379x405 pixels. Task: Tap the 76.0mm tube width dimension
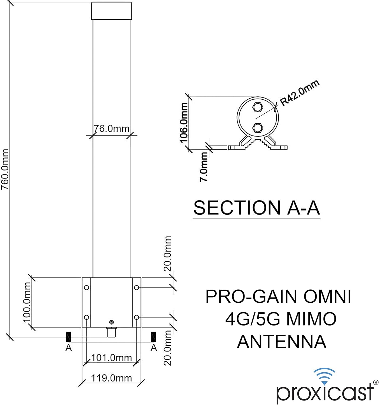coord(111,129)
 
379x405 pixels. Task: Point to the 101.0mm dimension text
coord(111,358)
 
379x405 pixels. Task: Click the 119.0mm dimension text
coord(111,378)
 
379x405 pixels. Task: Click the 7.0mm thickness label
coord(204,167)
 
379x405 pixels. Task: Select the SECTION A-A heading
coord(257,208)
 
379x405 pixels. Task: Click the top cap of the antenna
coord(112,11)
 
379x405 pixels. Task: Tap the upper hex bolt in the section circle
coord(257,107)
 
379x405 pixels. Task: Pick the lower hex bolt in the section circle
coord(257,127)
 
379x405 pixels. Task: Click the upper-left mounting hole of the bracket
coord(86,288)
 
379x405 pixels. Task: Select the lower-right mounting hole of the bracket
coord(137,317)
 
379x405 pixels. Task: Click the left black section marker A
coord(68,337)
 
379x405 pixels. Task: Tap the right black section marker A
coord(154,337)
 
